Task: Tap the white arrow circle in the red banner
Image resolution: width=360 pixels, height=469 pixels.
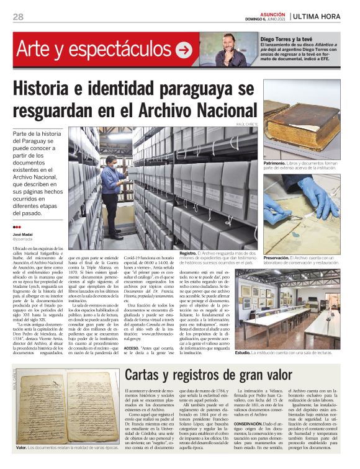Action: click(184, 50)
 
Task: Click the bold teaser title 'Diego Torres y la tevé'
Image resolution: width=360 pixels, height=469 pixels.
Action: click(289, 38)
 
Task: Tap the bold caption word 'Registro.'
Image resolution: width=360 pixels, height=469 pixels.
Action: click(188, 254)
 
